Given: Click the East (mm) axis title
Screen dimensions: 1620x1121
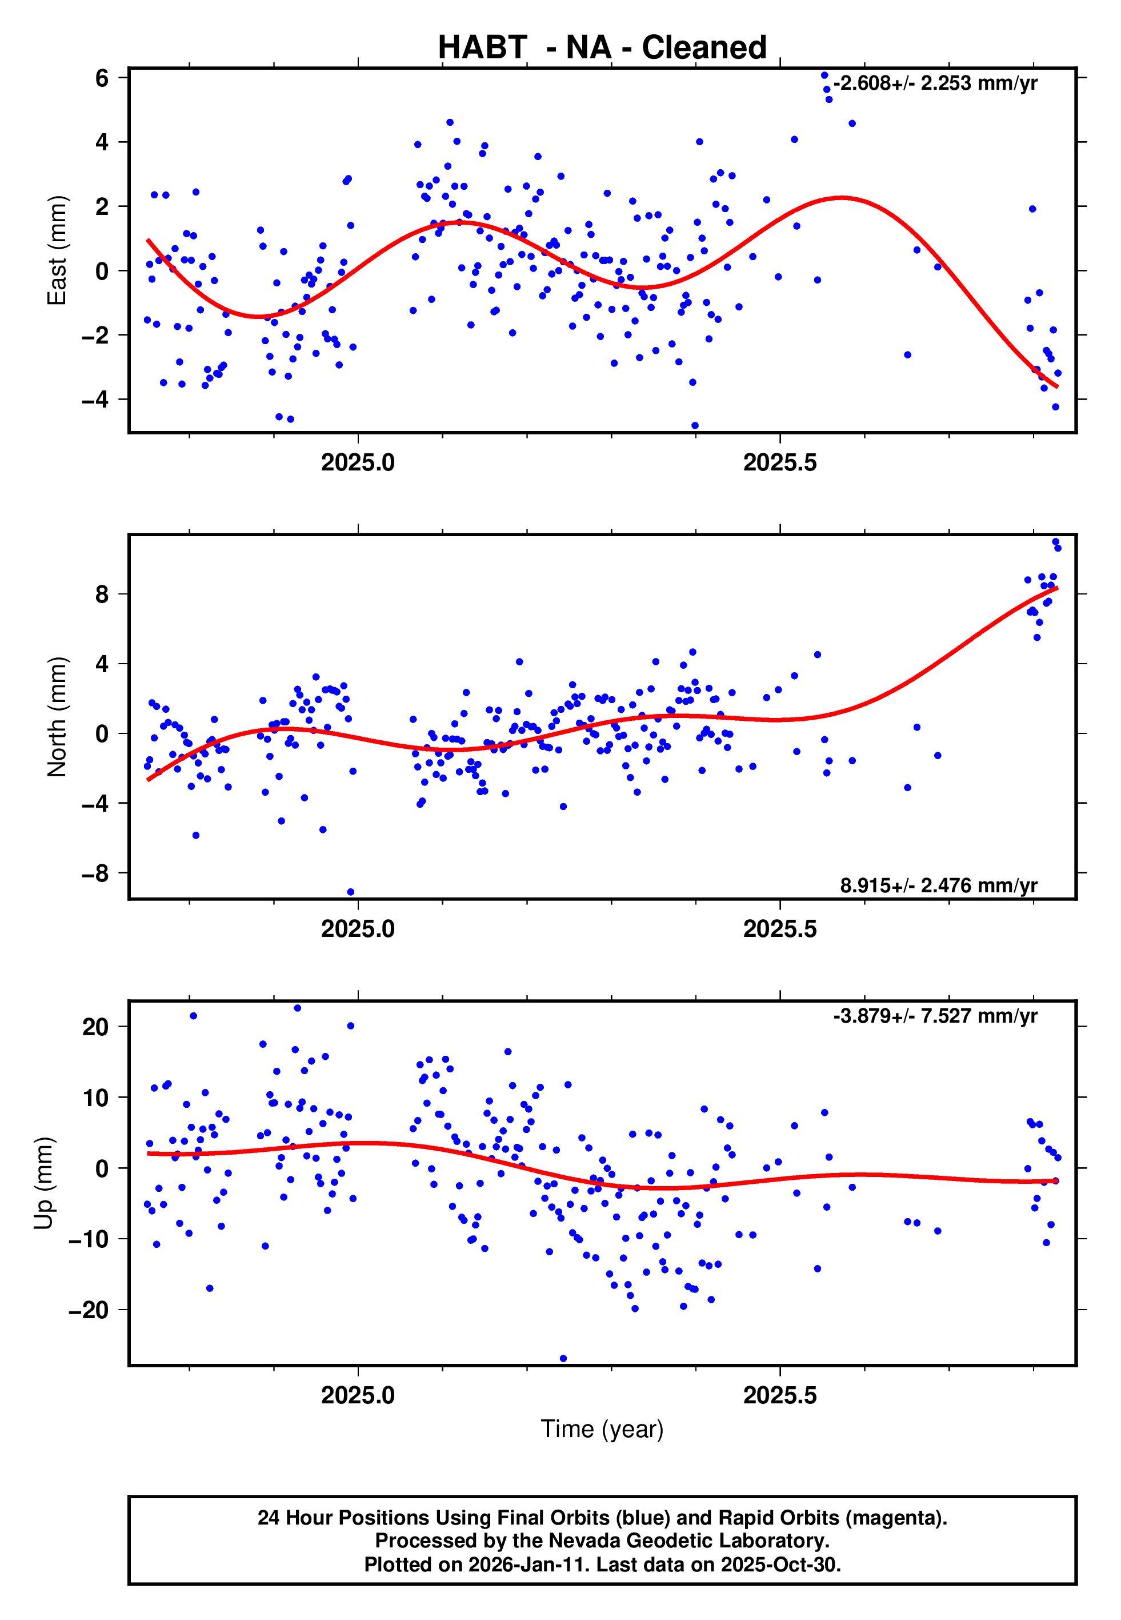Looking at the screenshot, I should (57, 250).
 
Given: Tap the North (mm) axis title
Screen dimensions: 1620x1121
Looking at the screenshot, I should (57, 717).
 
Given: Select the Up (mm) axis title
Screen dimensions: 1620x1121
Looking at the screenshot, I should (43, 1183).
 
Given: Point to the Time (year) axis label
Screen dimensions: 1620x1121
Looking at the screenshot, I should (602, 1429).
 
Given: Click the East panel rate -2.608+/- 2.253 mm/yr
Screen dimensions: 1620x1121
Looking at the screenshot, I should (935, 83).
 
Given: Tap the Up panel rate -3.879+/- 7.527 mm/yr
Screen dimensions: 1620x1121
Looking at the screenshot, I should (935, 1016).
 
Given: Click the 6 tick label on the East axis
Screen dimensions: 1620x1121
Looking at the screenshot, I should (102, 78).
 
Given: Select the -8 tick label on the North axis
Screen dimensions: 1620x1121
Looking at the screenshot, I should (95, 873).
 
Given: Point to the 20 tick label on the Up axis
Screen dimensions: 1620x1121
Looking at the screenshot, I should (95, 1027).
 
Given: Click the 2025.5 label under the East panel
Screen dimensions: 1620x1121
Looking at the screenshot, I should (780, 463).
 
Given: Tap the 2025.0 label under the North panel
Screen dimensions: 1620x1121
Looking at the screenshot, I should (358, 929).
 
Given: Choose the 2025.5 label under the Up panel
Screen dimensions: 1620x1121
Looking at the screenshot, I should (780, 1395).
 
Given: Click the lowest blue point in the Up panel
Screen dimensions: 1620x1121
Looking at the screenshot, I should (563, 1359).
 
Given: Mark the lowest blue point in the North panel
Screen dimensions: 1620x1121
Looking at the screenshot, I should (350, 892).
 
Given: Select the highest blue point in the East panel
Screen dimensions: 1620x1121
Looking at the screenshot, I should (824, 75).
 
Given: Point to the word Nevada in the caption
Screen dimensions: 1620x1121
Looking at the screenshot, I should (582, 1541).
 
